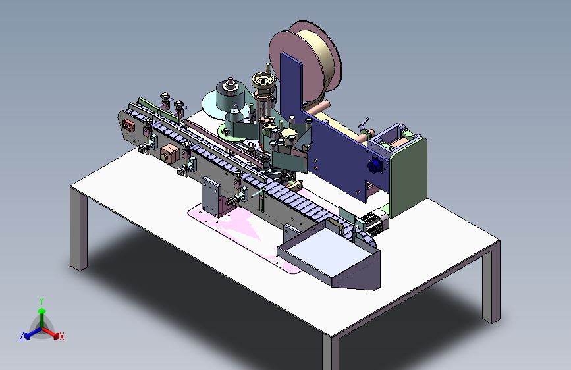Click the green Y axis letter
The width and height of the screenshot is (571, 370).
point(41,302)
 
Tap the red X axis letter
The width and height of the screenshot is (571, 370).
point(61,337)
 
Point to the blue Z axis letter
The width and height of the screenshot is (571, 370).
point(22,336)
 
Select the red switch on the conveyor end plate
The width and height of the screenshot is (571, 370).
point(128,125)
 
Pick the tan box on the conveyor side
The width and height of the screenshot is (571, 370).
point(169,153)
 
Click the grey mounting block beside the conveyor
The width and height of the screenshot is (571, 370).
point(211,197)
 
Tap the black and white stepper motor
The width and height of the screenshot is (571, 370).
point(373,221)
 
